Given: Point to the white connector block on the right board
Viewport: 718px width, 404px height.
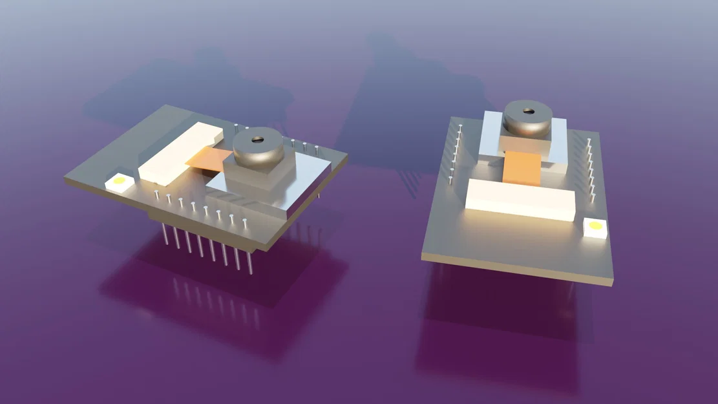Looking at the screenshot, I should pos(520,198).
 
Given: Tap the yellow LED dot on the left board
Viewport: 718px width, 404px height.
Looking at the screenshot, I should pos(119,182).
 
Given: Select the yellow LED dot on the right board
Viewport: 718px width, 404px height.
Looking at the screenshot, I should pos(595,226).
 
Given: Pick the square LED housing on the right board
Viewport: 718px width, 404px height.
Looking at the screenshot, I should pos(595,228).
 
